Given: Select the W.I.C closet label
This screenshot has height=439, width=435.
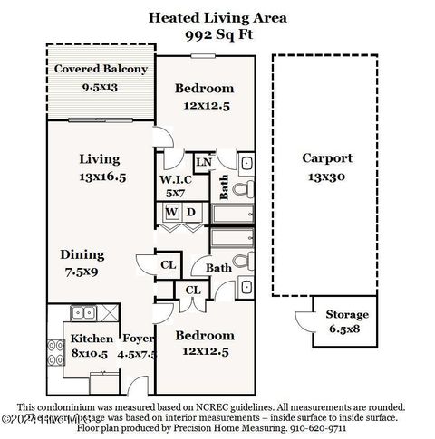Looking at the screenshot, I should (176, 177).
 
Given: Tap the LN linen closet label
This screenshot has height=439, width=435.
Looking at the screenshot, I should (204, 161).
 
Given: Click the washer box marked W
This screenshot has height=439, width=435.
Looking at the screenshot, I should (171, 213).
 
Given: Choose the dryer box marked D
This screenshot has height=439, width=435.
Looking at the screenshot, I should (191, 213).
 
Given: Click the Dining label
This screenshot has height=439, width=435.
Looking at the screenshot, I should (82, 254).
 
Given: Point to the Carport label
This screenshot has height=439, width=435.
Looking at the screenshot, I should (326, 157).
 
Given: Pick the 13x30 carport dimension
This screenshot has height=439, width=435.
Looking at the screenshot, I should (326, 177).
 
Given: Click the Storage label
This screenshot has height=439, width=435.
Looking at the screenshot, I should (347, 314).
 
